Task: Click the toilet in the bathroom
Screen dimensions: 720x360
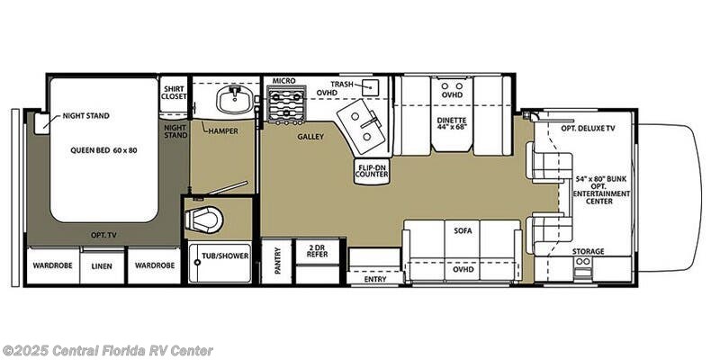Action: pos(204,219)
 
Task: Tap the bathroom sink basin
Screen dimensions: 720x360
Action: pos(235,100)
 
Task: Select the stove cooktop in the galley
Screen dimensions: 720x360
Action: pos(286,104)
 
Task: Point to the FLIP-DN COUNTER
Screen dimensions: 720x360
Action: pos(372,171)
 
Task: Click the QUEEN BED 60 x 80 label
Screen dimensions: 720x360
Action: pos(103,150)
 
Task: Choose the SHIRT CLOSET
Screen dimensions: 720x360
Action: pos(173,94)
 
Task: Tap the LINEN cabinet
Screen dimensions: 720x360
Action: pos(102,265)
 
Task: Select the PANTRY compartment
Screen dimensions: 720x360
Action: pos(276,262)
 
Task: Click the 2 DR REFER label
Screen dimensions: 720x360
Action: pos(318,251)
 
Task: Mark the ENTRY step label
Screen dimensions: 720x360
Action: pos(375,279)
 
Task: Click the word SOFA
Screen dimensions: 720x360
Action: pos(463,231)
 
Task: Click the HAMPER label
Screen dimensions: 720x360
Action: pos(222,130)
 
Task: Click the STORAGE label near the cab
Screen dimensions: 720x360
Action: pos(589,252)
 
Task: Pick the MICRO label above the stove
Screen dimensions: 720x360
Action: pos(283,81)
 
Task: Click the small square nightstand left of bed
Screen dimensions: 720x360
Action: pos(42,123)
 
